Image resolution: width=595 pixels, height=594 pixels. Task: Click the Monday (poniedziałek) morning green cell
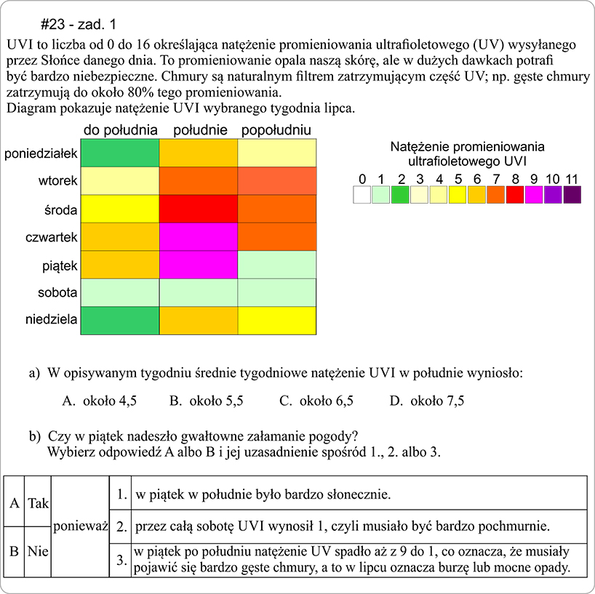pos(119,153)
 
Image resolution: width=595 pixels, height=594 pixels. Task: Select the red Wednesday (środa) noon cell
pos(198,209)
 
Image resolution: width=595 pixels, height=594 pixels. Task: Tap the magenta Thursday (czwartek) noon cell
pos(198,237)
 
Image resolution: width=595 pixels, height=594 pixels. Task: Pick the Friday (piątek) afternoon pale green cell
pos(277,265)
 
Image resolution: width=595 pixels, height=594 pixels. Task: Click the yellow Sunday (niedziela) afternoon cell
pos(277,321)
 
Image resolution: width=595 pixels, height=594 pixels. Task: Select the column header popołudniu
pos(276,130)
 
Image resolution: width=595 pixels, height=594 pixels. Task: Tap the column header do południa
pos(121,130)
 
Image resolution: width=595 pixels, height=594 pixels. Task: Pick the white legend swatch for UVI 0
pos(362,194)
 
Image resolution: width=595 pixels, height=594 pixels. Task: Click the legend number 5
pos(457,179)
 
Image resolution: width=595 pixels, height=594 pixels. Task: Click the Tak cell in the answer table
pos(38,502)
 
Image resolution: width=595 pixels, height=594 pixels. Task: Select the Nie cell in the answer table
pos(38,552)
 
